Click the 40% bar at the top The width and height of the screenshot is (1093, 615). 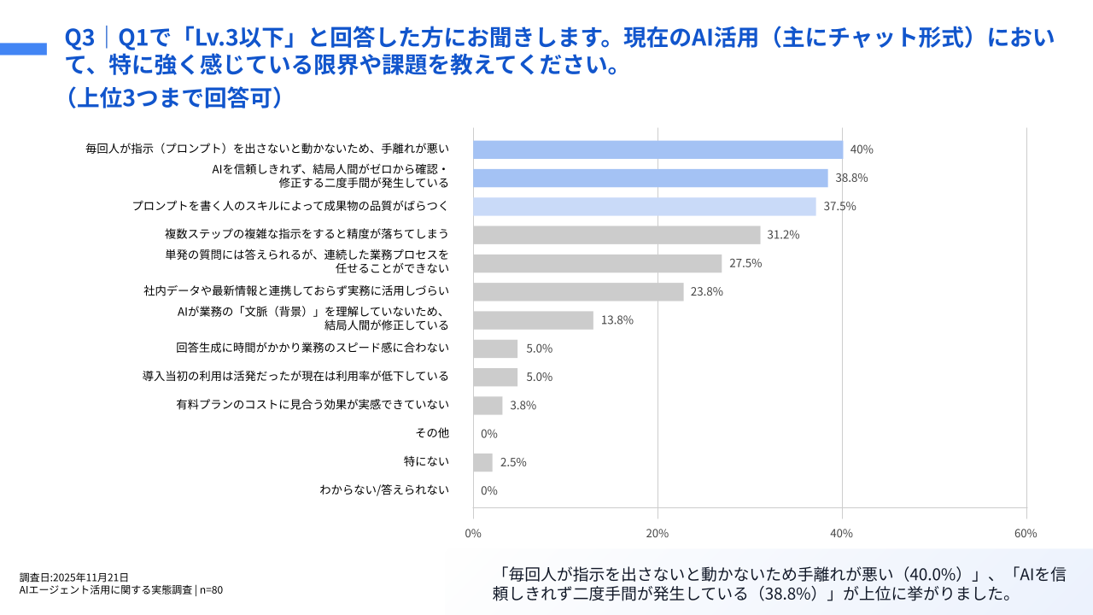tap(658, 149)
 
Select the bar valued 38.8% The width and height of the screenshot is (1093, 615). tap(651, 178)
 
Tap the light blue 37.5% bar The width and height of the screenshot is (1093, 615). tap(645, 206)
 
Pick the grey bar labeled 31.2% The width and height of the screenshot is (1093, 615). tap(617, 235)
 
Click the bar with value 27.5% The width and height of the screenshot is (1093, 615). tap(598, 263)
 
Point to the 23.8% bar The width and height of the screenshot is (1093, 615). tap(578, 291)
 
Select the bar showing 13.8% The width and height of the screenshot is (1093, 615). tap(533, 320)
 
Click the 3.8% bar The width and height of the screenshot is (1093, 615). tap(488, 405)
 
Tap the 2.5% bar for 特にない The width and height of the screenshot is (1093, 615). tap(482, 462)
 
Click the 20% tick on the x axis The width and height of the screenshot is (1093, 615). tap(658, 533)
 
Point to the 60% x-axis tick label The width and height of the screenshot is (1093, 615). tap(1026, 533)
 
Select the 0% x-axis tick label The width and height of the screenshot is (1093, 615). tap(473, 533)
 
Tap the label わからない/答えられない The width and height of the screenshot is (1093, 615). tap(384, 490)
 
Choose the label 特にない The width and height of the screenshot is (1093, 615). tap(426, 461)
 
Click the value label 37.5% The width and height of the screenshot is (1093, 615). tap(840, 207)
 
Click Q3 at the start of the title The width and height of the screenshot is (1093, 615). tap(79, 38)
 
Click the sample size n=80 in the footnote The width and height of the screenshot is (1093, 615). tap(211, 589)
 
